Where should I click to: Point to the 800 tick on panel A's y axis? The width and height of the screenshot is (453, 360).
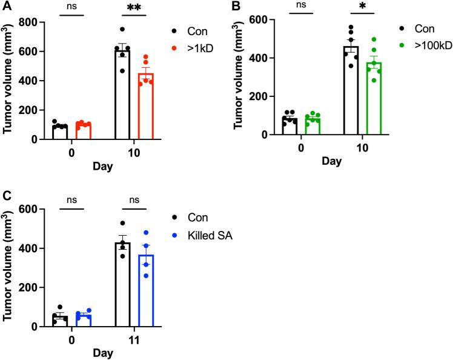pyautogui.click(x=33, y=23)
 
